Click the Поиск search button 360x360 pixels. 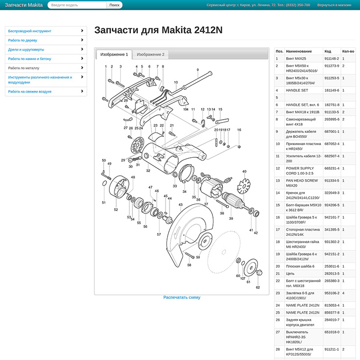(114, 5)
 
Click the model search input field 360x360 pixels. (77, 5)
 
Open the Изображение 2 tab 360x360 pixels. (150, 54)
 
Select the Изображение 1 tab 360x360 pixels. (114, 54)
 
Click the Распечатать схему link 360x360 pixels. (182, 297)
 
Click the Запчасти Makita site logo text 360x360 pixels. (23, 5)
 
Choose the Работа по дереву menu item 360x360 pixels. (22, 40)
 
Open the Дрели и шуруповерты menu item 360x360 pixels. (26, 49)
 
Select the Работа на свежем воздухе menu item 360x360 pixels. (30, 91)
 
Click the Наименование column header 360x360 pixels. (298, 51)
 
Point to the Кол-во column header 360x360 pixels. (348, 51)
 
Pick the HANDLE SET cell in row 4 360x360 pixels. (297, 90)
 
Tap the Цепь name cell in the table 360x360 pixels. (291, 274)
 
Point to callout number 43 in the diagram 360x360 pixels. (181, 205)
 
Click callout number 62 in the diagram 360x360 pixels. (258, 287)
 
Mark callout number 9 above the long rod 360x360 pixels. (198, 70)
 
